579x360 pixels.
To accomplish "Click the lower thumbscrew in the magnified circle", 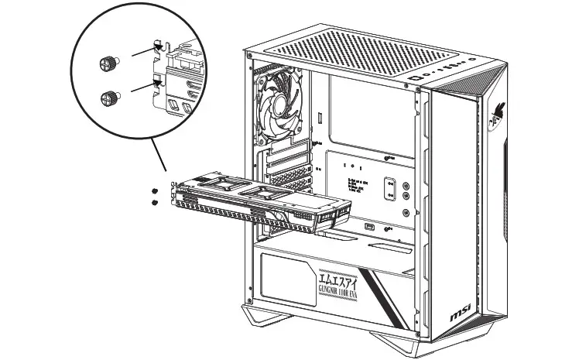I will pos(109,98).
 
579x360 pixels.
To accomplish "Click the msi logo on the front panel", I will pos(463,317).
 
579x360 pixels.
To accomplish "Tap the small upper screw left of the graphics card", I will pos(156,190).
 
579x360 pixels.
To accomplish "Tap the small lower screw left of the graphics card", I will pos(156,202).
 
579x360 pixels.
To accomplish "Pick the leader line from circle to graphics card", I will pos(159,158).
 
